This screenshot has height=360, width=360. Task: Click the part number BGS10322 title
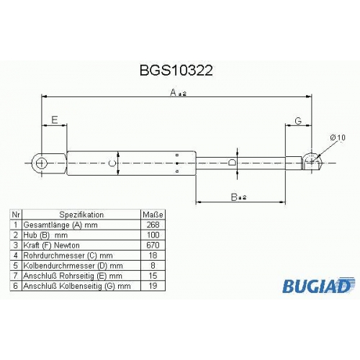(x=176, y=71)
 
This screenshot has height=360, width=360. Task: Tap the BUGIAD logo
(x=318, y=285)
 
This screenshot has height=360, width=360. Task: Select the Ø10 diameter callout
(x=338, y=138)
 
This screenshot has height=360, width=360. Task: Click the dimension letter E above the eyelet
(x=55, y=120)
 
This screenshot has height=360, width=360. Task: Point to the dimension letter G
(x=298, y=121)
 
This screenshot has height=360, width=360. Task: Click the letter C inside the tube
(x=112, y=163)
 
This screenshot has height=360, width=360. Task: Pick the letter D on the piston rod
(x=232, y=163)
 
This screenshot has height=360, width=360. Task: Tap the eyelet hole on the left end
(x=42, y=163)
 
